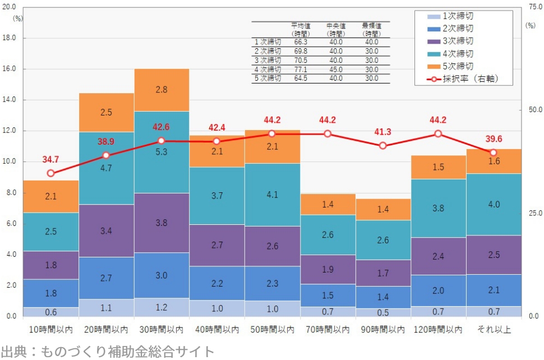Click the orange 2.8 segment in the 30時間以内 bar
click(x=161, y=90)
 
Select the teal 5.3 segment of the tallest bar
click(x=161, y=152)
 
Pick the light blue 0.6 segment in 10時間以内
click(x=51, y=312)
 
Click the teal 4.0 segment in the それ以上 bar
click(x=494, y=204)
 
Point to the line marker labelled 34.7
click(x=51, y=173)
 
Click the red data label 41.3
click(x=382, y=132)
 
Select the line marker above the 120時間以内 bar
click(x=438, y=133)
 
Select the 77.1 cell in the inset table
click(x=301, y=69)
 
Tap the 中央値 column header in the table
click(x=336, y=26)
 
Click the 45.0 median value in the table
click(x=336, y=69)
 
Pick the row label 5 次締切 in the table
click(x=268, y=78)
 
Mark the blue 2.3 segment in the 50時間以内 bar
click(x=272, y=284)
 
